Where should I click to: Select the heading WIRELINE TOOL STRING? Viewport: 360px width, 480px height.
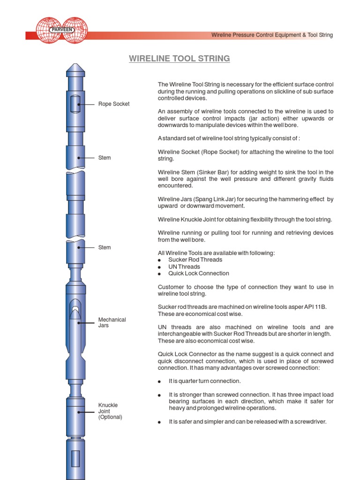point(180,59)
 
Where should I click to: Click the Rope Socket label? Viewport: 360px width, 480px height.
point(114,104)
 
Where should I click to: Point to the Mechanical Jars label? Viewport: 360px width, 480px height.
point(112,322)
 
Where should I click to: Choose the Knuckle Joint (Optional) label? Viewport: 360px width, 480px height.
point(110,411)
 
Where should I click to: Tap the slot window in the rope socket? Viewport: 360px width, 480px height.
point(75,104)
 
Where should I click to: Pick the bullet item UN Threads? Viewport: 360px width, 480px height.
point(184,267)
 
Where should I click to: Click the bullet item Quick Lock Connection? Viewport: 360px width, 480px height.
point(199,273)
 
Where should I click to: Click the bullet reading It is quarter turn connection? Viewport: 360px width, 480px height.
point(204,381)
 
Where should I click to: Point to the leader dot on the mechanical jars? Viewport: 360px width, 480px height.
point(78,322)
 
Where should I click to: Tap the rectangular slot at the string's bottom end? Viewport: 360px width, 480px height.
point(75,458)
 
